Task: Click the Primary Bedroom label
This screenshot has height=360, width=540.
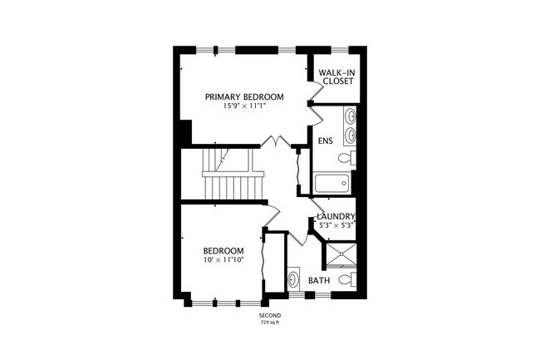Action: [245, 97]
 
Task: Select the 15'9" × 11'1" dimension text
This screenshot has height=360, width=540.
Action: [245, 107]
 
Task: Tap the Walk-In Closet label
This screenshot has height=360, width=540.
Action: [336, 76]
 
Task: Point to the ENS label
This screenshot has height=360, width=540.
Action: [325, 141]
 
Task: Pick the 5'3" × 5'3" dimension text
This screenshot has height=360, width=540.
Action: [336, 225]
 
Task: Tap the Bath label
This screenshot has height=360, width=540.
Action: [319, 281]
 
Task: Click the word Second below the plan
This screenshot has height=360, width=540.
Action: [270, 317]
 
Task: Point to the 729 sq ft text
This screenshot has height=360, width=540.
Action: [270, 323]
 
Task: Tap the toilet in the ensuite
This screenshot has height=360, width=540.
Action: [349, 157]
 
